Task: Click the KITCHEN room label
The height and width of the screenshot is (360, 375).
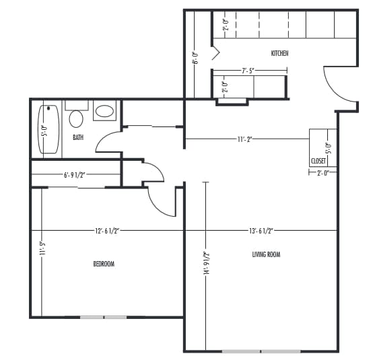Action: click(x=279, y=53)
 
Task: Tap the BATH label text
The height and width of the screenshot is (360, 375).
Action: click(x=78, y=138)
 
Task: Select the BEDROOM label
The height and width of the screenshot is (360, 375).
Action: click(x=103, y=264)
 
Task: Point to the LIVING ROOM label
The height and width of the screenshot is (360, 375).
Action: click(x=266, y=254)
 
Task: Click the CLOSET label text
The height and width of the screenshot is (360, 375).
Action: click(x=318, y=161)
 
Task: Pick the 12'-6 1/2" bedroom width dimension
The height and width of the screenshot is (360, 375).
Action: click(x=107, y=231)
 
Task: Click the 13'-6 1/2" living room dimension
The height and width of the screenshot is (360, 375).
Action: click(x=261, y=231)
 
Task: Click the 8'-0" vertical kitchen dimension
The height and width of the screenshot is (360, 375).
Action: click(x=195, y=58)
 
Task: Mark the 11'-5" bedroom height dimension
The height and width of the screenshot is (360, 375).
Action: click(x=42, y=249)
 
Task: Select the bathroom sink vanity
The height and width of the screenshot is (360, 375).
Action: click(x=104, y=111)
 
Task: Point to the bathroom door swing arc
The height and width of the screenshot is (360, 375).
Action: click(x=108, y=141)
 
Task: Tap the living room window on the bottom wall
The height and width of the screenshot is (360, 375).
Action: click(x=261, y=351)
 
